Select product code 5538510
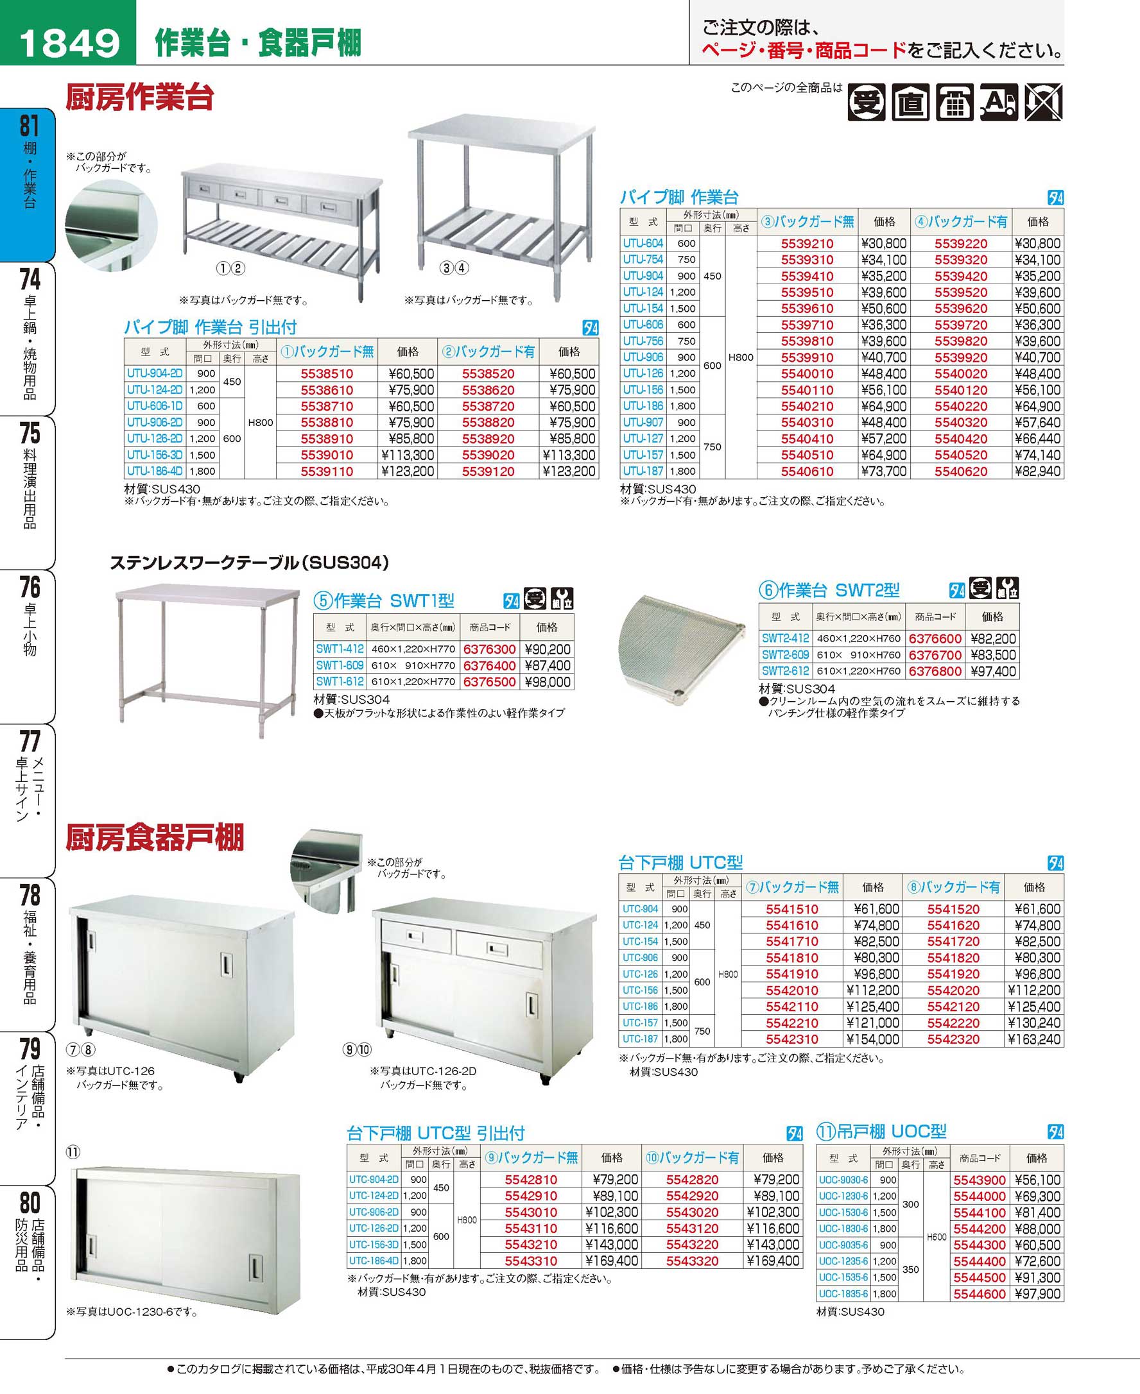[x=326, y=373]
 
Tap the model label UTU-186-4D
[x=154, y=472]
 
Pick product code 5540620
[x=960, y=472]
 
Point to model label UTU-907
[x=643, y=422]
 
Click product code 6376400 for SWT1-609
[x=489, y=665]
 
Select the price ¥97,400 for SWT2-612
[x=993, y=672]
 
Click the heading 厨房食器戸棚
[x=155, y=838]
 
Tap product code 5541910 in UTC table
[x=792, y=974]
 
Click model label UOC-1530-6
[x=843, y=1213]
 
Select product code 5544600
[x=979, y=1294]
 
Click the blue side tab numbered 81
[x=30, y=126]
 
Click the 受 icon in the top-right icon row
[x=865, y=103]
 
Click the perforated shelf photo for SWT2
[x=680, y=647]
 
